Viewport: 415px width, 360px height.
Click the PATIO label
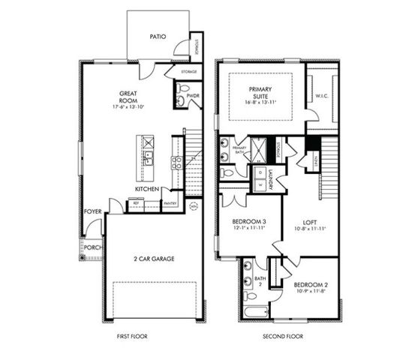pyautogui.click(x=157, y=35)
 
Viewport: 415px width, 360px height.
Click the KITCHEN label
pyautogui.click(x=146, y=188)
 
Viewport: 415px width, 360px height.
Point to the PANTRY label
pyautogui.click(x=170, y=203)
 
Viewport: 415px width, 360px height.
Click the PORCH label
pyautogui.click(x=93, y=247)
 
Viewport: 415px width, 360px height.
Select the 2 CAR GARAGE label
pyautogui.click(x=153, y=258)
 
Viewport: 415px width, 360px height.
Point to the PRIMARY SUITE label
pyautogui.click(x=260, y=91)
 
